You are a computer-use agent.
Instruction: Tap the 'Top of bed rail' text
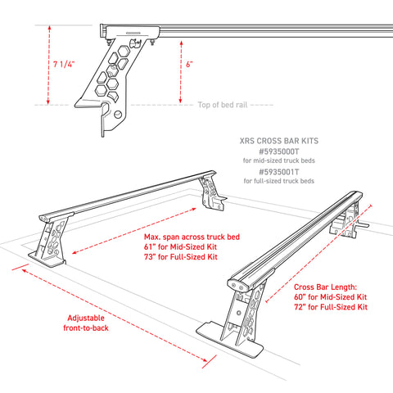222,105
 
